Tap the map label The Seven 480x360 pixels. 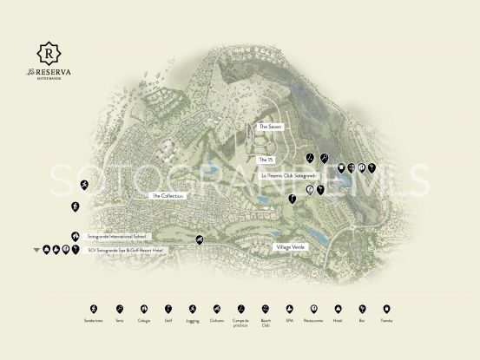pyautogui.click(x=270, y=127)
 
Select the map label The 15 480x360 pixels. pyautogui.click(x=266, y=160)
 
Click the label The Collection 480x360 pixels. pyautogui.click(x=168, y=196)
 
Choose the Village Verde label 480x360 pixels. pyautogui.click(x=290, y=248)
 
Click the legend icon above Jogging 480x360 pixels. pyautogui.click(x=193, y=309)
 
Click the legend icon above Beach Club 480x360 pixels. pyautogui.click(x=266, y=309)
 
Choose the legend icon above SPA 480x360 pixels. pyautogui.click(x=290, y=309)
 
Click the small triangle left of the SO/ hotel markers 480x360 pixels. pyautogui.click(x=36, y=251)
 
